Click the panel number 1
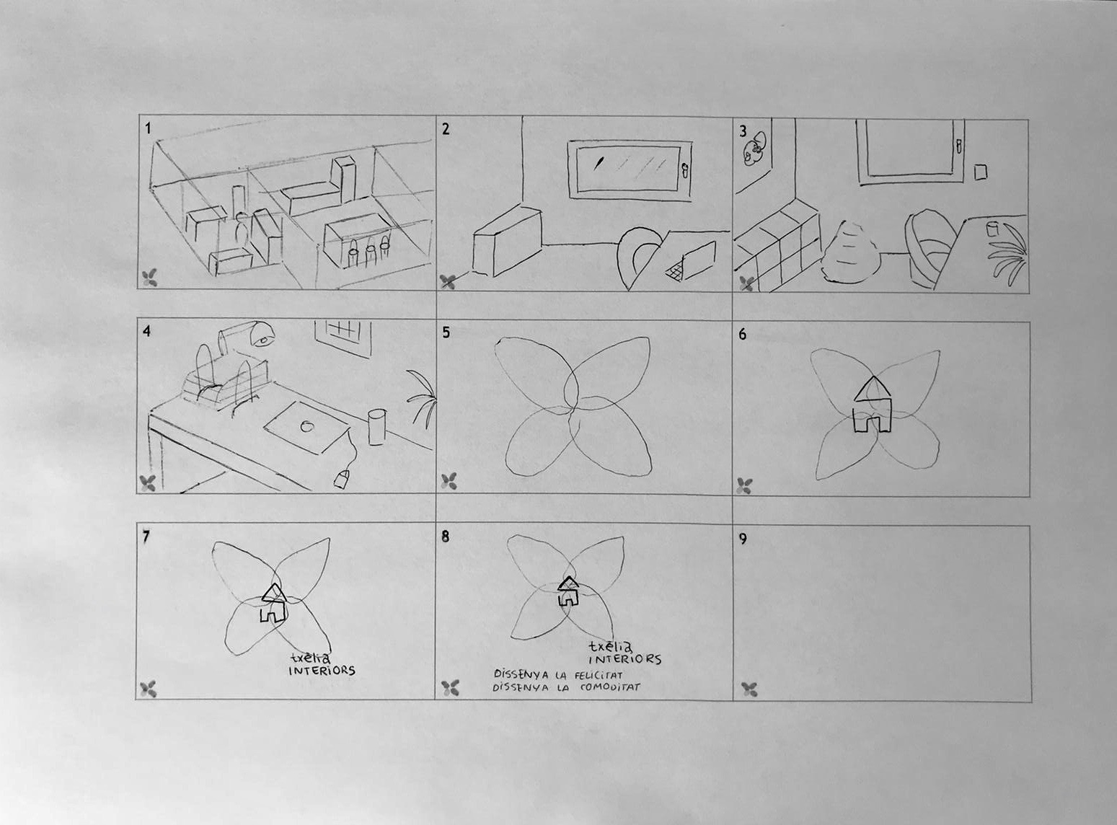click(148, 129)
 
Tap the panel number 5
click(446, 333)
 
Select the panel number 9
click(743, 539)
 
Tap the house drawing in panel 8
click(568, 591)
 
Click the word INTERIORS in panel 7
click(322, 671)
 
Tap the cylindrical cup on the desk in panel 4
click(376, 428)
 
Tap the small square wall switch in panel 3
click(980, 172)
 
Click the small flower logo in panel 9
click(749, 689)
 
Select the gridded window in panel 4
click(344, 339)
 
